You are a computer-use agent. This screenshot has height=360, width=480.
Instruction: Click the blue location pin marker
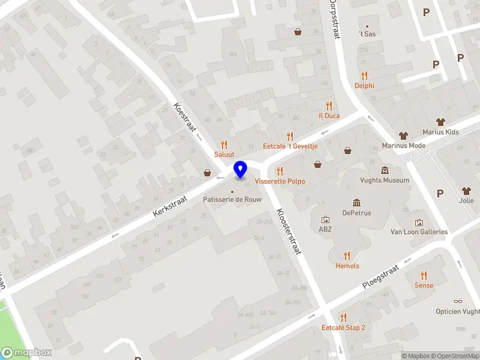tap(240, 170)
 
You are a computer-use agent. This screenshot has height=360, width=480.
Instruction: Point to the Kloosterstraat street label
tap(288, 232)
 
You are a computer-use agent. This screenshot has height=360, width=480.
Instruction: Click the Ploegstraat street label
tap(380, 279)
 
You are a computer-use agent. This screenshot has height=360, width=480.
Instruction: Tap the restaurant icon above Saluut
tap(224, 145)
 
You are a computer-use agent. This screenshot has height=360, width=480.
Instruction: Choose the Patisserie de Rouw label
tap(231, 199)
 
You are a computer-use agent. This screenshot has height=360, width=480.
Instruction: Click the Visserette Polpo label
tap(280, 181)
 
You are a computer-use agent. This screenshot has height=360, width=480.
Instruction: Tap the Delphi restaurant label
tap(364, 85)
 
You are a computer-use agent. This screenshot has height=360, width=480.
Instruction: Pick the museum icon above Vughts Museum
tap(385, 170)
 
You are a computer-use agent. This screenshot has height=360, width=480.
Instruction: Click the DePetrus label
tap(356, 212)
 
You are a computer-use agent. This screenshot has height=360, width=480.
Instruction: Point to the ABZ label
tap(325, 229)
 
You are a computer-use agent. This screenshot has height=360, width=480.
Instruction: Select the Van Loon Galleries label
tap(419, 232)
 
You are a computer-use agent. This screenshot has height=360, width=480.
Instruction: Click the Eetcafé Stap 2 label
tap(343, 328)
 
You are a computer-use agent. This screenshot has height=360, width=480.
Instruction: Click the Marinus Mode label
tap(404, 145)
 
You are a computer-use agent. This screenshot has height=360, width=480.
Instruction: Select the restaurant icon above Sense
tap(424, 275)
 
